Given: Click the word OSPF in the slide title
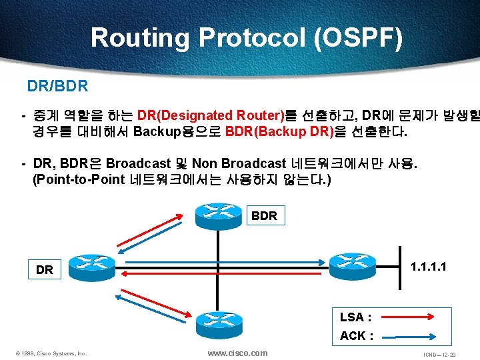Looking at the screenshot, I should pyautogui.click(x=357, y=37).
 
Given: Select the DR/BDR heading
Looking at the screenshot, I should pyautogui.click(x=57, y=87).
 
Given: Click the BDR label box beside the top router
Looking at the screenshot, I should pyautogui.click(x=264, y=216).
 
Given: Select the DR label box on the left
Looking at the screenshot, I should pyautogui.click(x=45, y=270).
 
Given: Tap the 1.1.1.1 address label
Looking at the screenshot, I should pyautogui.click(x=429, y=267).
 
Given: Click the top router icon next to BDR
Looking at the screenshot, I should pyautogui.click(x=219, y=211).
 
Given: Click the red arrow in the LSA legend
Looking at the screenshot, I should pyautogui.click(x=413, y=318).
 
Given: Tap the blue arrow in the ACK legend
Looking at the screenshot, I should pyautogui.click(x=413, y=337).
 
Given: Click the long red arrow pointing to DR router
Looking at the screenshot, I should pyautogui.click(x=220, y=272).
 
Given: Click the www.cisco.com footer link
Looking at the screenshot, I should pyautogui.click(x=237, y=353).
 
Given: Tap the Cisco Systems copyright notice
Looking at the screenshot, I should pyautogui.click(x=51, y=353).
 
